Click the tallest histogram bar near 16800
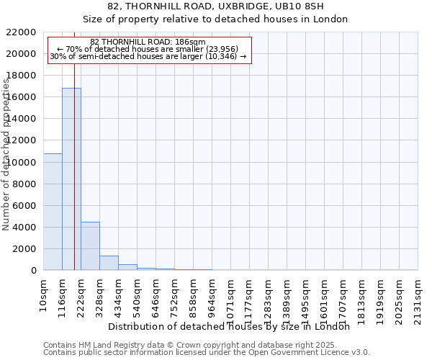click(x=71, y=179)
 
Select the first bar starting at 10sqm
click(x=53, y=212)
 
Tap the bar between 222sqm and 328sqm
click(x=90, y=246)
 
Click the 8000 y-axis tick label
click(x=24, y=184)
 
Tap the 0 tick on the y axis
click(x=34, y=271)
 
